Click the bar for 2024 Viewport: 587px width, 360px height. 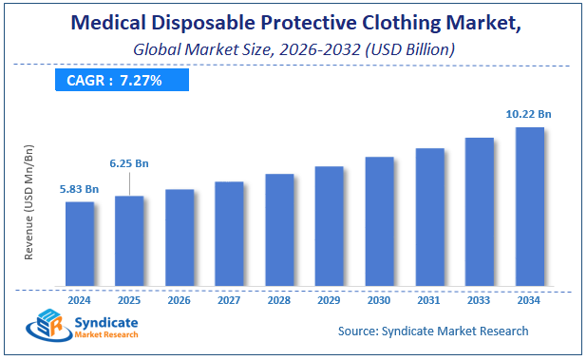[80, 243]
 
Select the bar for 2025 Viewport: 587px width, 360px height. [129, 240]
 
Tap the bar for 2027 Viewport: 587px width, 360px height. [229, 233]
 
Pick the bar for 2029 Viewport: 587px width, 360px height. [329, 225]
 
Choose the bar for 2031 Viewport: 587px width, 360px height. [429, 217]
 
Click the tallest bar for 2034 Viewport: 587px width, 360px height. [529, 206]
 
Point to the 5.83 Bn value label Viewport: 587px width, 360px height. [79, 189]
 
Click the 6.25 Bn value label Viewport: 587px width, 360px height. [128, 163]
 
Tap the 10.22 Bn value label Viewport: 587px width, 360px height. [528, 113]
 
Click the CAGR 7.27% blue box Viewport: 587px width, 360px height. [115, 81]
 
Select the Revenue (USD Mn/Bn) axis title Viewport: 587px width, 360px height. [29, 201]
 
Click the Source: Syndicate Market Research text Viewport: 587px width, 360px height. [433, 331]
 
